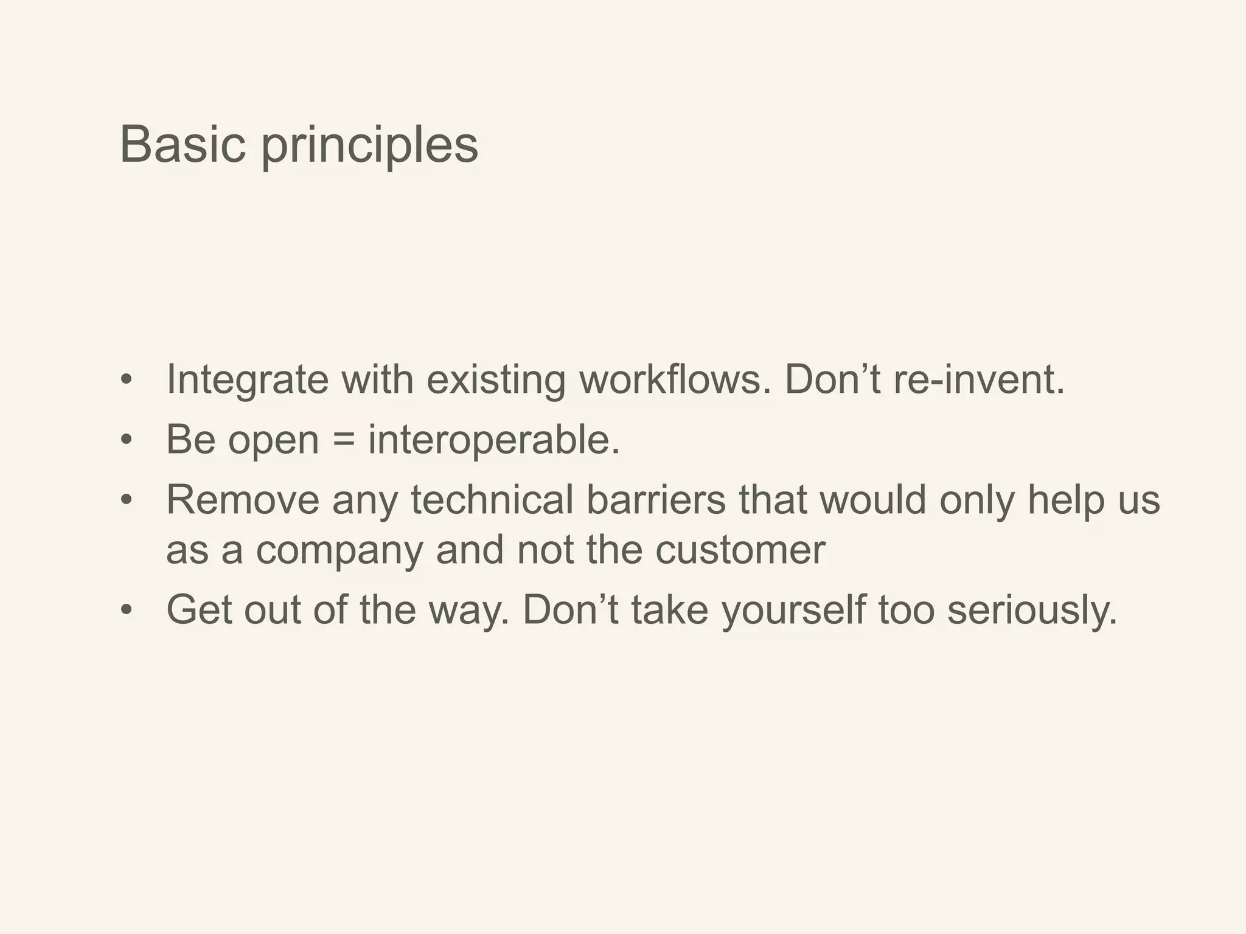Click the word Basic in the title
tap(183, 145)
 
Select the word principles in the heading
tap(370, 146)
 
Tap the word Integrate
tap(247, 379)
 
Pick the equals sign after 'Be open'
tap(344, 439)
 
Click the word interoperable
tap(493, 440)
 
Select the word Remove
tap(243, 500)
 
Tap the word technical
tap(492, 500)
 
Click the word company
tap(339, 550)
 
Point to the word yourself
tap(793, 609)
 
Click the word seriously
tap(1032, 609)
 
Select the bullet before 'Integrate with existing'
tap(126, 379)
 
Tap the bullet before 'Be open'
tap(126, 440)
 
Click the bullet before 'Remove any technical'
tap(126, 500)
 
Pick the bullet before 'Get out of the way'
tap(126, 609)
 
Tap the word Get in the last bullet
tap(199, 609)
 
